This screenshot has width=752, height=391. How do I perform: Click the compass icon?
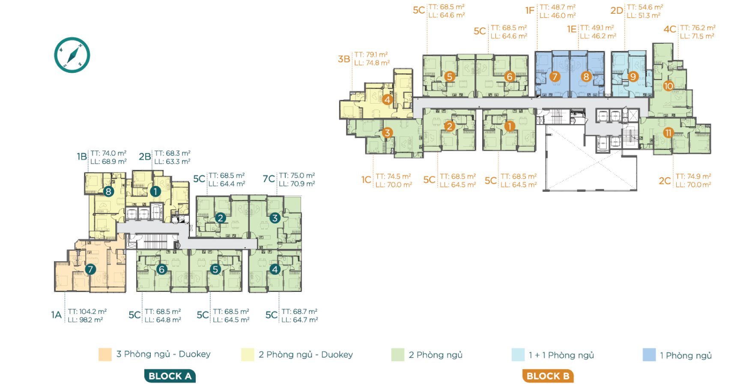tap(72, 55)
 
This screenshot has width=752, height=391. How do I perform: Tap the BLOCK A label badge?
tap(170, 376)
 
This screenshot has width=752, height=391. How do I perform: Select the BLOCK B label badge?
tap(548, 376)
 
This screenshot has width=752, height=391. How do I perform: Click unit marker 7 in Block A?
tap(90, 269)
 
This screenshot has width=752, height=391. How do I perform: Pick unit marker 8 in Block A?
tap(108, 191)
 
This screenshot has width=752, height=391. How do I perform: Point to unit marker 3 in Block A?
tap(275, 218)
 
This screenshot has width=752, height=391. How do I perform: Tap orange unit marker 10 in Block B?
tap(668, 86)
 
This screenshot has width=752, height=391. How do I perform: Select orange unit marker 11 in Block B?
tap(668, 133)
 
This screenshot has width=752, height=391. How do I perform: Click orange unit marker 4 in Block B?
tap(388, 100)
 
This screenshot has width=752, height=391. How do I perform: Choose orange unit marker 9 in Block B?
tap(633, 77)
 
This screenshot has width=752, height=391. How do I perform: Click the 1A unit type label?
tap(57, 315)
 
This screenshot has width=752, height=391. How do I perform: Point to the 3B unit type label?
tap(344, 59)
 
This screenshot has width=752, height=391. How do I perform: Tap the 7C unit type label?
tap(269, 179)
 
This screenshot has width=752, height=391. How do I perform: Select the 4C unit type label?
tap(670, 30)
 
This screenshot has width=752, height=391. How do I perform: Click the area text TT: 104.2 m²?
tap(87, 311)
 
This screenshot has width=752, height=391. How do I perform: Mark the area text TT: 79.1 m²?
tap(371, 55)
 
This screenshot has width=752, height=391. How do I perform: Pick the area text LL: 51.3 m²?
tap(643, 15)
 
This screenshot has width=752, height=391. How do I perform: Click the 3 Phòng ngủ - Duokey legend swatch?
tap(105, 355)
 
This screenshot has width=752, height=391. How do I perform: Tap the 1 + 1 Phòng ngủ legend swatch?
tap(518, 355)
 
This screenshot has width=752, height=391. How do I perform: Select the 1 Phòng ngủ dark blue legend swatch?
tap(649, 355)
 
